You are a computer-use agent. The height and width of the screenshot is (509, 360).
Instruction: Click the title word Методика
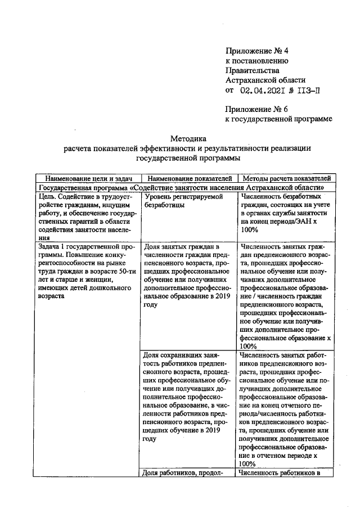188,138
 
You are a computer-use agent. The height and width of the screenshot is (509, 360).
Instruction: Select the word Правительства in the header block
251,70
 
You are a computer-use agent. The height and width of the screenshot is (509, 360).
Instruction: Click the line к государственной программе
278,119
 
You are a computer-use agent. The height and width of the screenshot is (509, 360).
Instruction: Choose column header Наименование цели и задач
88,178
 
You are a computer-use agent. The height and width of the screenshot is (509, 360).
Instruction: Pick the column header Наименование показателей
188,178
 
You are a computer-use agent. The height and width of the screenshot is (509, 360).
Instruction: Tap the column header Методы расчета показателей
285,178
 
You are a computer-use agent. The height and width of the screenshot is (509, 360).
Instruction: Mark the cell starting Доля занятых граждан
187,275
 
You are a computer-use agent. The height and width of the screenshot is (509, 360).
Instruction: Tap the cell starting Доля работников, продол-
187,473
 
